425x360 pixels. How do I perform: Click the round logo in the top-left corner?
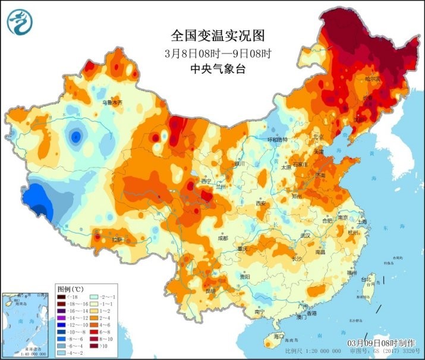coord(18,22)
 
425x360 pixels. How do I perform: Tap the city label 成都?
coord(222,238)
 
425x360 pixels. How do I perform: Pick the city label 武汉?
coord(306,235)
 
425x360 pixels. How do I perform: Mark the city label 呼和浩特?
coord(276,140)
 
